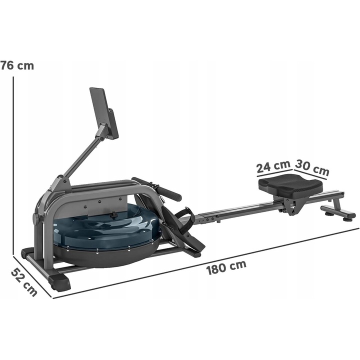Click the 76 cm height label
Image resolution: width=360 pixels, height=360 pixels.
16,65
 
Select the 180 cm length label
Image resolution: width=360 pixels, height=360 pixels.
226,266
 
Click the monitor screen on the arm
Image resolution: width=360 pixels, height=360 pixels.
104,113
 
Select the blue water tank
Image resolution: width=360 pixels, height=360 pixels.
105,227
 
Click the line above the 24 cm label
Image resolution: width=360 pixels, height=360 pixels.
274,174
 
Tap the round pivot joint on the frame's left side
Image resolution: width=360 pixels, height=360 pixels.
36,219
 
